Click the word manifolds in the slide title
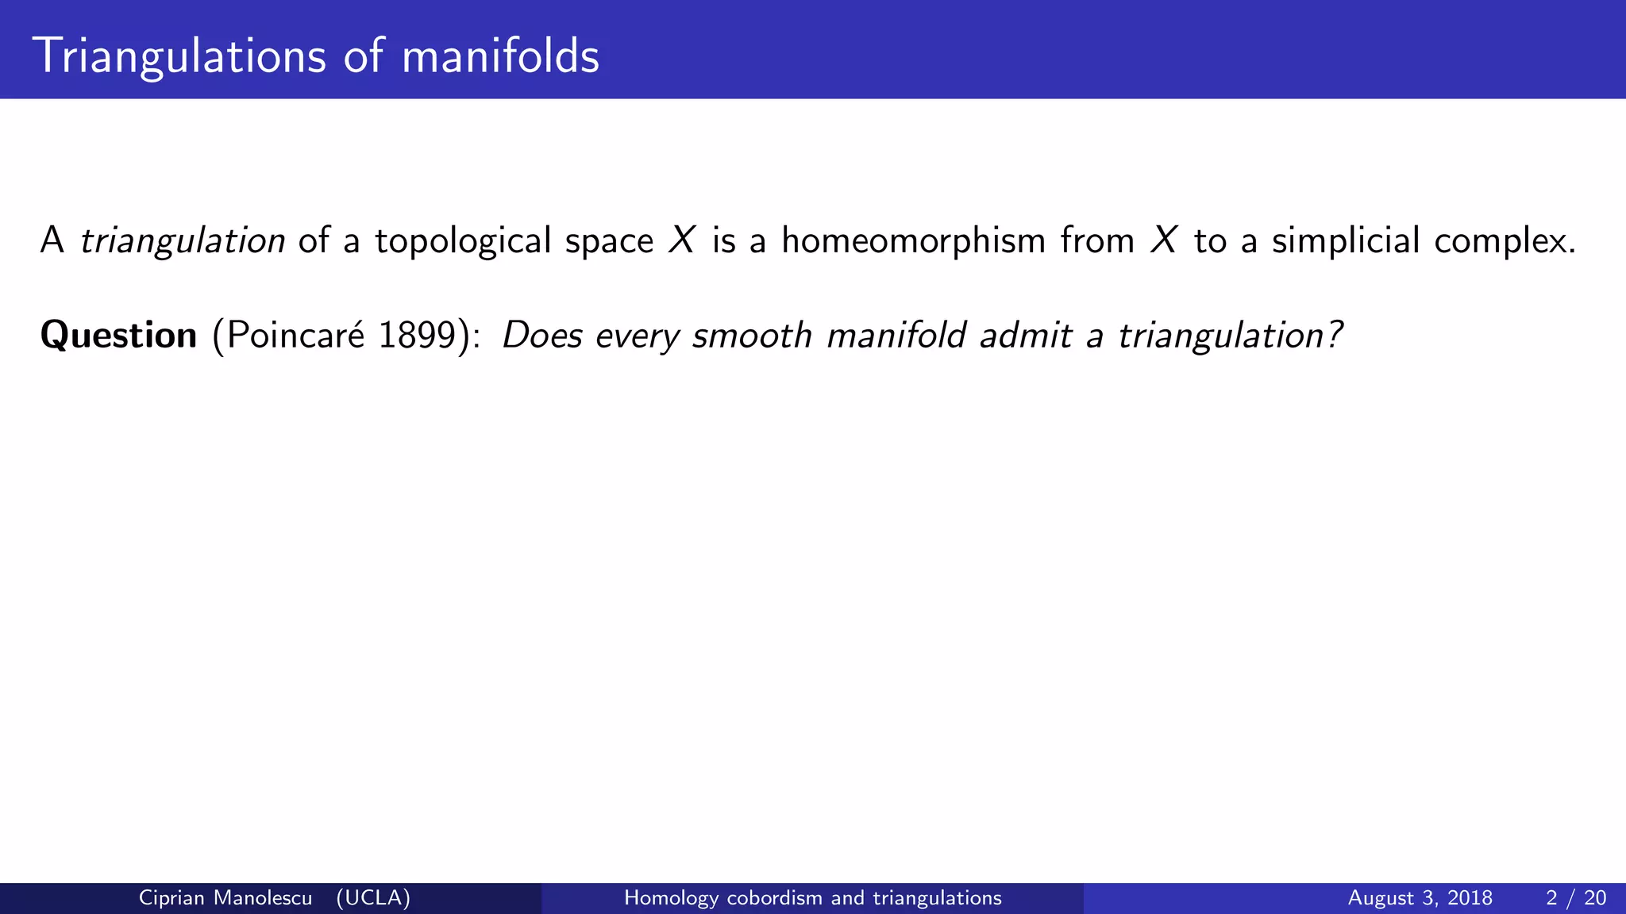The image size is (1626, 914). (500, 57)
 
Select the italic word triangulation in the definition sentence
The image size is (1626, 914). (183, 241)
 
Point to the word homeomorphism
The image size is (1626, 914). (913, 241)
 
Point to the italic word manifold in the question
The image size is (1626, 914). (896, 336)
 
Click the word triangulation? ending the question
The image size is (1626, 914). (1230, 336)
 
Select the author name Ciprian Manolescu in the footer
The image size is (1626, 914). (225, 898)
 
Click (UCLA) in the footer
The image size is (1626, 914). (373, 898)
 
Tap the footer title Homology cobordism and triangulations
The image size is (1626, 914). (812, 898)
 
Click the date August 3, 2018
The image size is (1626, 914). (1420, 898)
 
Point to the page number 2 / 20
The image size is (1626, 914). (1576, 898)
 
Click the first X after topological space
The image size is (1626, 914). (682, 241)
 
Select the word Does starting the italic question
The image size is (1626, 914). (542, 336)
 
